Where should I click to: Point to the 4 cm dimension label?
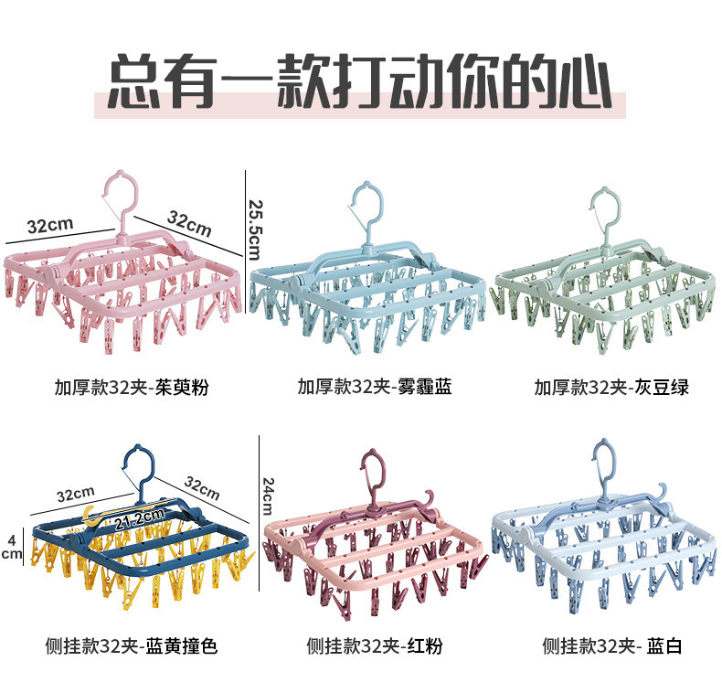11,545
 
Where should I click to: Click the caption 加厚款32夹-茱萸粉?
131,387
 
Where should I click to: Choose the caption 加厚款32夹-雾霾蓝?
374,387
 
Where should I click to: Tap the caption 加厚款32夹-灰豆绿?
611,387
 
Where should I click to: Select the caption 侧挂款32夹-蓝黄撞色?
131,646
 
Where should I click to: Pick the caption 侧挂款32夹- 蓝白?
611,646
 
